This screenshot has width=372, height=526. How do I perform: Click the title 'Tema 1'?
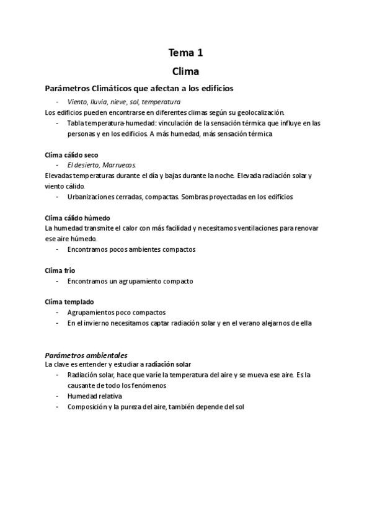[185, 53]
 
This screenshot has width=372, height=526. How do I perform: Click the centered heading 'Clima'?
[185, 71]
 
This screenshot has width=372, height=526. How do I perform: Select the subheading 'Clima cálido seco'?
[72, 154]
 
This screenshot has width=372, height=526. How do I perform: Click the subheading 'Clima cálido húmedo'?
[77, 218]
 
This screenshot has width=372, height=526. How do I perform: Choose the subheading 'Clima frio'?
[60, 270]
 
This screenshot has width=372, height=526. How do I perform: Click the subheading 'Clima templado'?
[69, 301]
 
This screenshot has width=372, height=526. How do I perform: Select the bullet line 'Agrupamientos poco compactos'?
[117, 313]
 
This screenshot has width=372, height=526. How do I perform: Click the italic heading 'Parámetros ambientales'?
[86, 355]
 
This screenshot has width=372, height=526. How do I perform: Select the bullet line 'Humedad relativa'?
[95, 396]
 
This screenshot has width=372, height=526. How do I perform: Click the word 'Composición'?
[87, 406]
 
